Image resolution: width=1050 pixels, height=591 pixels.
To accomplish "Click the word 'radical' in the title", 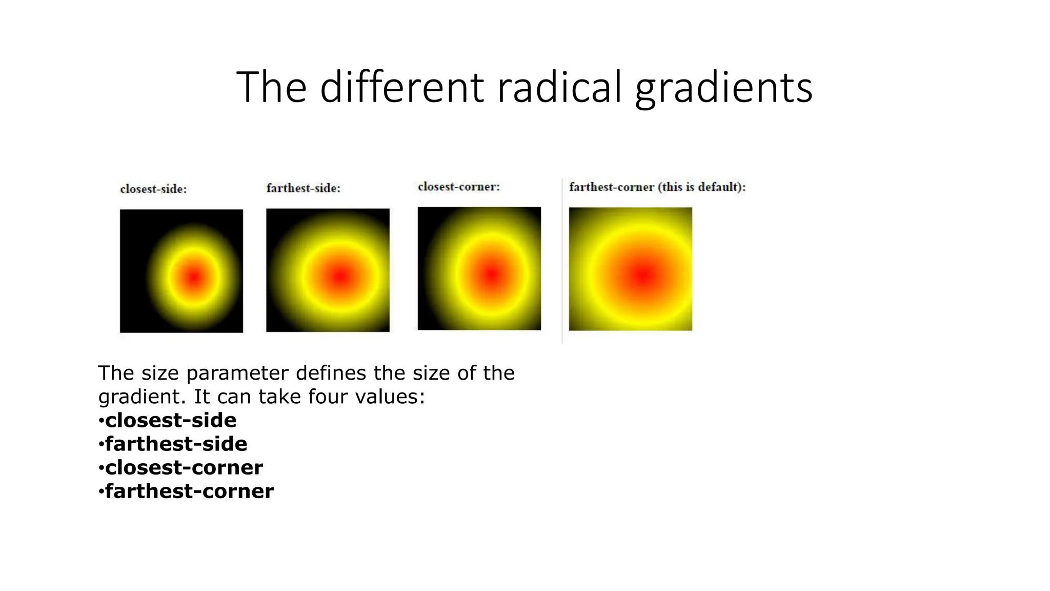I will coord(559,87).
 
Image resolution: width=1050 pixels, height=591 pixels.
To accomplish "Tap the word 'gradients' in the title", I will coord(723,88).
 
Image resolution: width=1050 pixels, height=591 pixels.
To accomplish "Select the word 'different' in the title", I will coord(401,87).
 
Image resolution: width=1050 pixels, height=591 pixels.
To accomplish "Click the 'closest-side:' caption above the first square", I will coord(153,189).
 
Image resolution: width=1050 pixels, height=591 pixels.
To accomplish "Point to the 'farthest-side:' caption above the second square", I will coord(304,188).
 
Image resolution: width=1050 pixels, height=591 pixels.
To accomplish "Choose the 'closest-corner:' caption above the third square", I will coord(459,187).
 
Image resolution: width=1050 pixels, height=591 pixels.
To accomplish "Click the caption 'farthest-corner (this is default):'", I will coord(657,187).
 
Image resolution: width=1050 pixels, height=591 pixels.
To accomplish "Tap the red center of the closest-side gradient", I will coord(193,278).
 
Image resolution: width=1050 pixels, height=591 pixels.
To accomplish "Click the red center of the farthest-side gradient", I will coord(339,277).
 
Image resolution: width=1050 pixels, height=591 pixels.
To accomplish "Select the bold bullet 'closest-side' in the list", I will coord(171,420).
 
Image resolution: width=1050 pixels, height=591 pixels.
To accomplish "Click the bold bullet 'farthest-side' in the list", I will coord(176,444).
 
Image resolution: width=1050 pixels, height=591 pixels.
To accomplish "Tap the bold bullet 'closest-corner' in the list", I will coord(184,467).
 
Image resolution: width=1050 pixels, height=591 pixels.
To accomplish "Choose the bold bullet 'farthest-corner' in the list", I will coord(189,491).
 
